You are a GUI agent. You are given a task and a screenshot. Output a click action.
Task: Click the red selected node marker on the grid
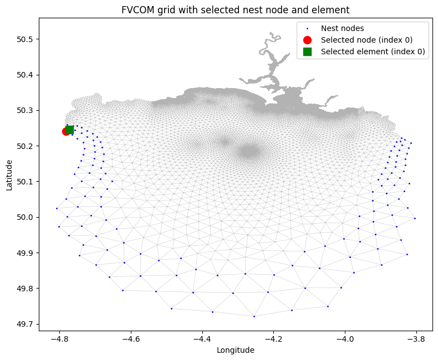click(x=66, y=131)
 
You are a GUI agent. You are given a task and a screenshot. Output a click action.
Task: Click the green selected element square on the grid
click(x=69, y=130)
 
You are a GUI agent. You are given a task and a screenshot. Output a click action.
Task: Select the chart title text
click(x=235, y=10)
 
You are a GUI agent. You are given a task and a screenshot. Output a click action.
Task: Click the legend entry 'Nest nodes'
click(x=342, y=28)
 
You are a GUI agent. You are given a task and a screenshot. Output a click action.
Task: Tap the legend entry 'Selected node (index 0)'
click(x=366, y=40)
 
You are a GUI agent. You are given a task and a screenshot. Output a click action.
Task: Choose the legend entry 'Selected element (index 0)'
click(x=373, y=52)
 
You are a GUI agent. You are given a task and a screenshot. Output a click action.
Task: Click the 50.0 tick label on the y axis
click(x=24, y=218)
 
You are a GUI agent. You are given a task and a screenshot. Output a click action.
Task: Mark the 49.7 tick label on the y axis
click(x=24, y=325)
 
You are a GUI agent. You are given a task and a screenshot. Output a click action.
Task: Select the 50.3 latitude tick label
click(x=24, y=111)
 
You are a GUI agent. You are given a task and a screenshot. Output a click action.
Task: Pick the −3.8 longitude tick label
click(x=416, y=340)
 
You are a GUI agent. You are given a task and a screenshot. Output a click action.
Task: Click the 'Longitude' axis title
click(x=236, y=350)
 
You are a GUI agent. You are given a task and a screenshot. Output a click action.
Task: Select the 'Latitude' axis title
click(x=9, y=175)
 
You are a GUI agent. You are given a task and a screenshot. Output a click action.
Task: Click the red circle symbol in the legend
click(x=307, y=40)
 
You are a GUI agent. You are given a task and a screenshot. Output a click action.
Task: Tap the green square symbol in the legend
click(x=307, y=52)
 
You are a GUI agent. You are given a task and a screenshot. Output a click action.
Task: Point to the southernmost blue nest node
click(x=254, y=316)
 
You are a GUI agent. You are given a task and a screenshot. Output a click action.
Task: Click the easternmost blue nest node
click(x=415, y=219)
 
